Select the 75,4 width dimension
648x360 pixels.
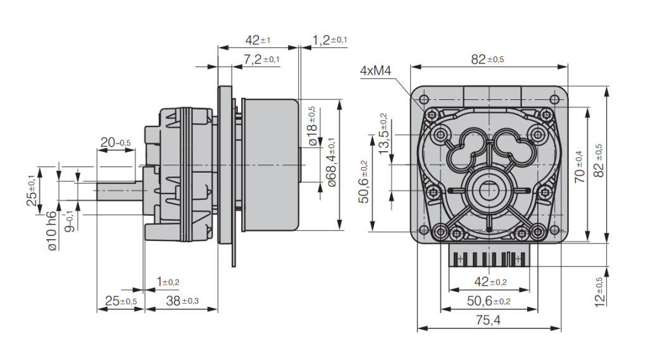point(488,320)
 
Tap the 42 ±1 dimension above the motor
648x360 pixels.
point(258,40)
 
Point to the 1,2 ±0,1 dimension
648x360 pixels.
point(330,40)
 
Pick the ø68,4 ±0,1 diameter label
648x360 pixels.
point(332,163)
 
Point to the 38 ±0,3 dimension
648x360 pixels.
point(182,301)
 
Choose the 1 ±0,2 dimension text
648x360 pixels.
point(168,282)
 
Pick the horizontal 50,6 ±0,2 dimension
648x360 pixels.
point(488,301)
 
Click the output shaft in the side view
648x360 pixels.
point(120,191)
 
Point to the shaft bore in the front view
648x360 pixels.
point(488,189)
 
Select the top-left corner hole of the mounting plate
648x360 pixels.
point(423,99)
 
